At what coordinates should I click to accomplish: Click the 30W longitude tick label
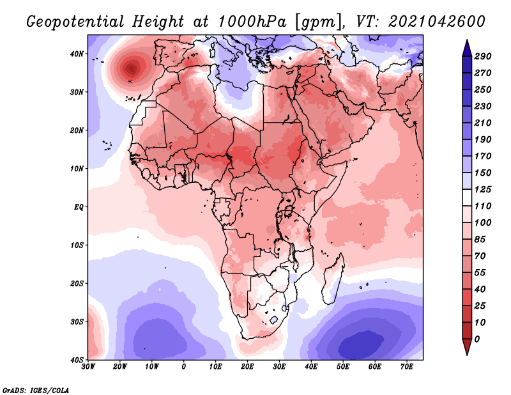88,367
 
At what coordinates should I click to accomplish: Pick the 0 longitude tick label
184,367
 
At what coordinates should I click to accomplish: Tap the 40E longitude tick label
311,367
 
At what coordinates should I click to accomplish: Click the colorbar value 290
482,57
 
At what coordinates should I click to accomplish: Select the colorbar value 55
482,272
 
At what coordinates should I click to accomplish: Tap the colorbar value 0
477,339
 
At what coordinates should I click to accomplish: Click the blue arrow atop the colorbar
467,47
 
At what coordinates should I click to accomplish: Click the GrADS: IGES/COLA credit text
36,389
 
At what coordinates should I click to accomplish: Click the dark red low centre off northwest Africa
132,68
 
